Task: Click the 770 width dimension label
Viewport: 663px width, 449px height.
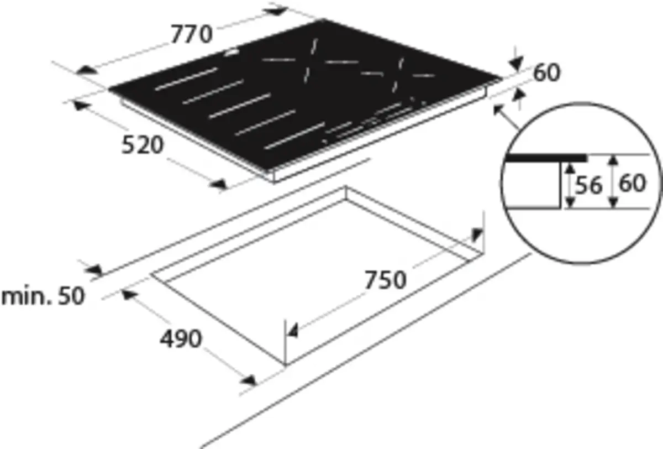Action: (192, 34)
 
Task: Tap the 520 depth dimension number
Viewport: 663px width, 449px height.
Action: (143, 145)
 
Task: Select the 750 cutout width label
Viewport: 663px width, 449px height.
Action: (386, 280)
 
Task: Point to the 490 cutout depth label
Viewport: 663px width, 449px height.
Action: (181, 338)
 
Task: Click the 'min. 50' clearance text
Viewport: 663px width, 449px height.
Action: (43, 296)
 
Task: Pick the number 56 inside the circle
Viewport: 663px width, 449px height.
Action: (588, 185)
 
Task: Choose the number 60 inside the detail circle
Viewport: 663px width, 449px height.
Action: (632, 184)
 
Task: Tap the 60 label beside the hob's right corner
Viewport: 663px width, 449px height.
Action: (547, 72)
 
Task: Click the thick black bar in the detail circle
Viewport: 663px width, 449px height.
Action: (545, 158)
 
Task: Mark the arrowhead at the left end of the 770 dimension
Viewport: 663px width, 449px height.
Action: (86, 70)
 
